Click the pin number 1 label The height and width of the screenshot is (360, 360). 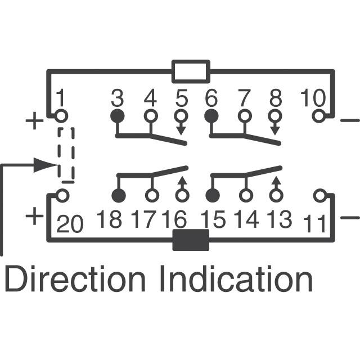click(61, 97)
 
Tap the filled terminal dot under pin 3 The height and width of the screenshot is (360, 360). click(118, 116)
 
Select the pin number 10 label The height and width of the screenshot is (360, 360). click(313, 98)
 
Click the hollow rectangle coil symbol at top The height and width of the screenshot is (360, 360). click(191, 71)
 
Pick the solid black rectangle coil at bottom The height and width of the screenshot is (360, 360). click(191, 240)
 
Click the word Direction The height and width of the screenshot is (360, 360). click(75, 278)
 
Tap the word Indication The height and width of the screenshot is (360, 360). click(236, 278)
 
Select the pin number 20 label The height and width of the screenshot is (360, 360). click(69, 223)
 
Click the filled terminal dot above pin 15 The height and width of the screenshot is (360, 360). click(213, 196)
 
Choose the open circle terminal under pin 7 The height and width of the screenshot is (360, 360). click(245, 116)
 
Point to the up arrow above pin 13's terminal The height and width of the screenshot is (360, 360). click(276, 183)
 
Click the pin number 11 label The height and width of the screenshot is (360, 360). click(314, 223)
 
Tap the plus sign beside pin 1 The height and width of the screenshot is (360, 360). click(34, 120)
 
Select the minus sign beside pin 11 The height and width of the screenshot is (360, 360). click(350, 217)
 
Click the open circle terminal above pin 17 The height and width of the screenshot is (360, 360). click(152, 196)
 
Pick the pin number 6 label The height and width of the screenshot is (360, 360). click(211, 98)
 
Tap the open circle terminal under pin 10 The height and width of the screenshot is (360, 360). click(319, 116)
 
